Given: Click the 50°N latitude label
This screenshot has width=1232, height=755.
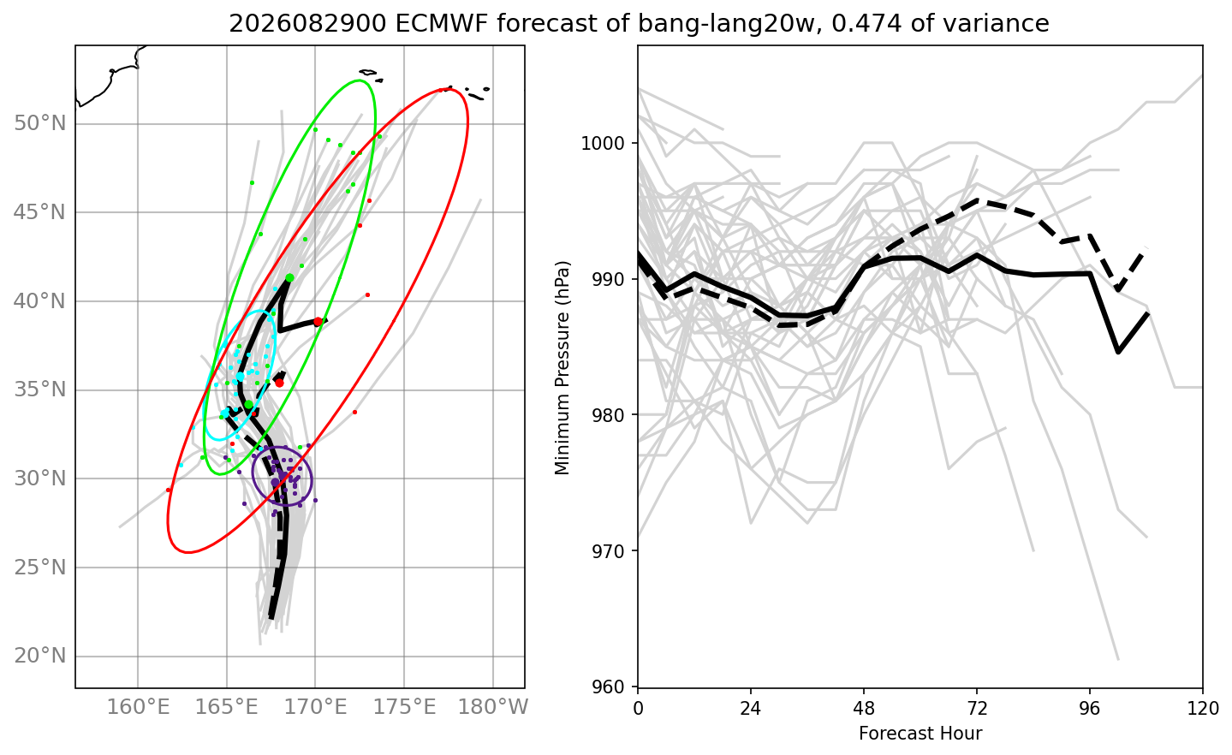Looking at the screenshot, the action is (x=39, y=123).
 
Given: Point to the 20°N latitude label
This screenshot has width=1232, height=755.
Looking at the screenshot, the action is (x=39, y=656).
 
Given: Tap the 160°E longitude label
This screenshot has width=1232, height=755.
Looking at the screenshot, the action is (x=138, y=707).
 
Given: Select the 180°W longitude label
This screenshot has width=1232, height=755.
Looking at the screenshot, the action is (x=493, y=707).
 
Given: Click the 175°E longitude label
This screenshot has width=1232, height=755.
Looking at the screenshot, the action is (x=404, y=707).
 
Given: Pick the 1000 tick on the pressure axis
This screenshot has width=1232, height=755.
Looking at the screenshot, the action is (x=603, y=143).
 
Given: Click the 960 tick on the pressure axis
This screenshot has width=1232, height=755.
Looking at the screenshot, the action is (x=610, y=687).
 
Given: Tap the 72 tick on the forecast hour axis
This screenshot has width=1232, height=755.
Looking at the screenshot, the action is (x=977, y=708).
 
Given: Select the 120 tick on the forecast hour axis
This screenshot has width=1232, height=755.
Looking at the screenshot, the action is (x=1203, y=708).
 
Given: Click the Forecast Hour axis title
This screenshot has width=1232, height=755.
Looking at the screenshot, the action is (x=920, y=734).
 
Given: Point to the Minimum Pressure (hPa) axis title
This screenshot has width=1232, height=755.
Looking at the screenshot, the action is (x=562, y=368).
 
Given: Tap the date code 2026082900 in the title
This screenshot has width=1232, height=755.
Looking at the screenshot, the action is (x=307, y=24).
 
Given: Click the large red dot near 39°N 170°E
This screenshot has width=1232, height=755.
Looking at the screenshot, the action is (x=318, y=322).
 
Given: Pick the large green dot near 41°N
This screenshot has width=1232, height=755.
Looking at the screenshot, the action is (x=290, y=277).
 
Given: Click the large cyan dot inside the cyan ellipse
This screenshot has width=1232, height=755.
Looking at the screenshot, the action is (x=241, y=377).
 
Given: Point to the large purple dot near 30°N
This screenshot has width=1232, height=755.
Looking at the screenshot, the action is (x=275, y=482).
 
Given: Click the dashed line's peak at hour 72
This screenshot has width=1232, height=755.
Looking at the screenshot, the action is (x=977, y=199).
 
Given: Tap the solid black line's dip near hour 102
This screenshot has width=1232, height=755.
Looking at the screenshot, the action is (x=1118, y=352).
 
